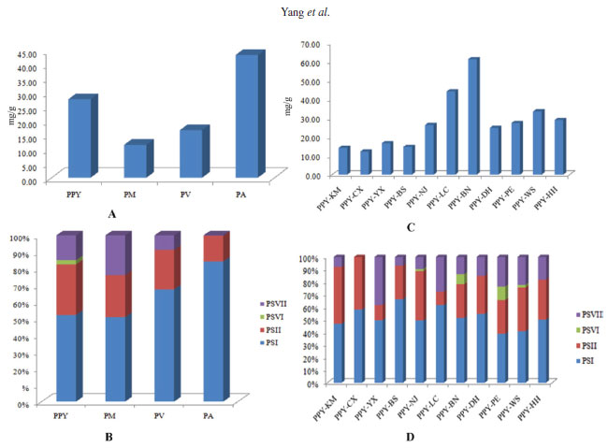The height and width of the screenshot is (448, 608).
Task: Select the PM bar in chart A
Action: tap(134, 161)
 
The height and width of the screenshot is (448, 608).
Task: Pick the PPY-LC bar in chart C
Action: tap(451, 131)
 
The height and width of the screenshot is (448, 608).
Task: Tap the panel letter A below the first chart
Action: tap(111, 213)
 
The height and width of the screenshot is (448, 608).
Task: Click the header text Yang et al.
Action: tap(302, 12)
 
